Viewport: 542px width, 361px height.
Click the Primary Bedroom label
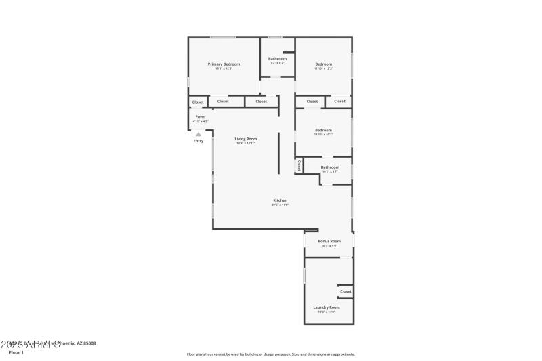pos(224,64)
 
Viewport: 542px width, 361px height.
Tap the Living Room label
pos(246,139)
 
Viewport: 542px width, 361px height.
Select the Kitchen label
pos(280,200)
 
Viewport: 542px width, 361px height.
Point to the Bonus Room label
pos(329,241)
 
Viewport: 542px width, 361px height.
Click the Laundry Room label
pos(327,307)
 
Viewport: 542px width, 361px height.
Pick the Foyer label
pos(201,117)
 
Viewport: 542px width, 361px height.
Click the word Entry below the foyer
pos(199,141)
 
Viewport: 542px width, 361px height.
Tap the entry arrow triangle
pos(199,134)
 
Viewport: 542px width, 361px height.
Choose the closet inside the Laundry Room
pos(346,291)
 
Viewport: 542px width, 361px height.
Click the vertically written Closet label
pos(299,165)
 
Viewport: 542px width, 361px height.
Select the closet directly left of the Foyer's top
pos(198,102)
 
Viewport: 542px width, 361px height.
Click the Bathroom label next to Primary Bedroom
pos(277,59)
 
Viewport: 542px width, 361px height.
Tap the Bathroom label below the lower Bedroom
pos(330,167)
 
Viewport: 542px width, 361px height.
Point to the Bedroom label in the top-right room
pos(323,64)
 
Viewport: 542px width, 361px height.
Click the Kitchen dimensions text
pos(280,205)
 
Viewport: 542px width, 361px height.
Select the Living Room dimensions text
pos(246,143)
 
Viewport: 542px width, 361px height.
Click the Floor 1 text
pos(16,352)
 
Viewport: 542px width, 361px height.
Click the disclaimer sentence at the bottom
pos(271,354)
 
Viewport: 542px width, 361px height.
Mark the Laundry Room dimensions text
pos(327,312)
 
